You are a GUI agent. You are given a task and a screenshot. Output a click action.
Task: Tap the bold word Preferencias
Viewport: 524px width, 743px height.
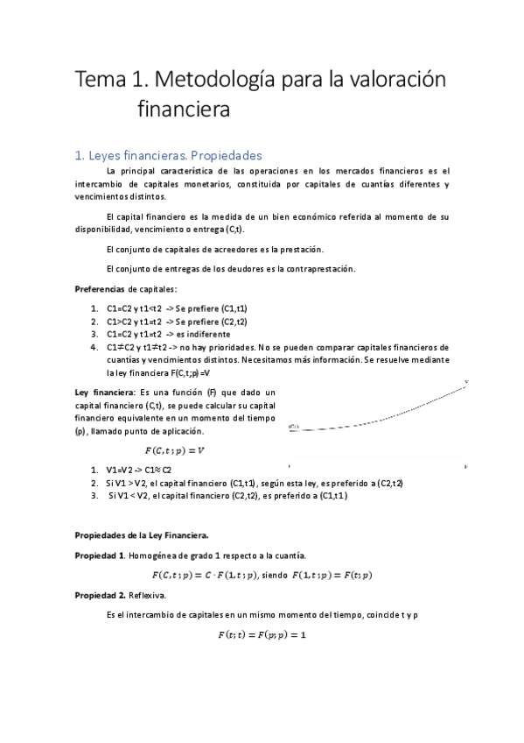pos(100,289)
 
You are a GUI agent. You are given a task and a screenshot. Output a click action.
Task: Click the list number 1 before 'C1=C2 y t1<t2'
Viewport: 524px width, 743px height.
pos(94,308)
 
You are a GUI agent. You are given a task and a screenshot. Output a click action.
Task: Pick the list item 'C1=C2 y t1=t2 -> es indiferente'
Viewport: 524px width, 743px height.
pos(168,334)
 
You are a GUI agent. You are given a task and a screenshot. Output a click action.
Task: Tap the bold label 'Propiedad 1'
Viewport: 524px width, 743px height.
pos(99,555)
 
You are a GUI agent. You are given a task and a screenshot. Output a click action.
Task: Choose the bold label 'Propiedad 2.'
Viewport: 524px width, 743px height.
pos(101,594)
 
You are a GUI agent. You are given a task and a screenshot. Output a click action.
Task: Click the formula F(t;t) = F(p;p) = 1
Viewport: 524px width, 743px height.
pos(262,633)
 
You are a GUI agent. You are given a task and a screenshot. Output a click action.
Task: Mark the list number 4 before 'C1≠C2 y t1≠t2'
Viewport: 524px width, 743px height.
pos(94,347)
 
